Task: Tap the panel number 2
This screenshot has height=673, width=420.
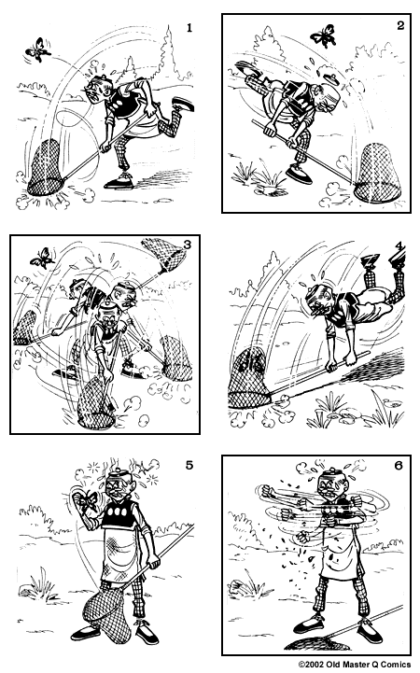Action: pos(399,25)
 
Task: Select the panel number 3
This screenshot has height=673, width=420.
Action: pos(188,245)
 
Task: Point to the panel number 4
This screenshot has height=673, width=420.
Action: pos(399,247)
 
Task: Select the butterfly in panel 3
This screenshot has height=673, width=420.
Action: pos(40,255)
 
